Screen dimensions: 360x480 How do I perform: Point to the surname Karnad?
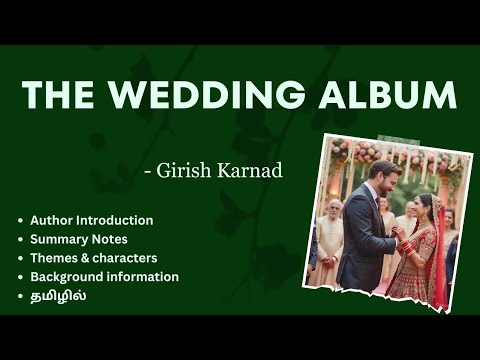tap(253, 171)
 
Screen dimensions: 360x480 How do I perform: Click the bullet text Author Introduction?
tap(91, 220)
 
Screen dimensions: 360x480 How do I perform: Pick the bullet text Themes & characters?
tap(94, 258)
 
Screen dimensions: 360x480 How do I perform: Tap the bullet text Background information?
tap(104, 276)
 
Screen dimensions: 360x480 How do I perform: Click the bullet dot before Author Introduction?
tap(20, 220)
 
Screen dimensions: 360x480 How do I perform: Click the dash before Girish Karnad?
tap(148, 172)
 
